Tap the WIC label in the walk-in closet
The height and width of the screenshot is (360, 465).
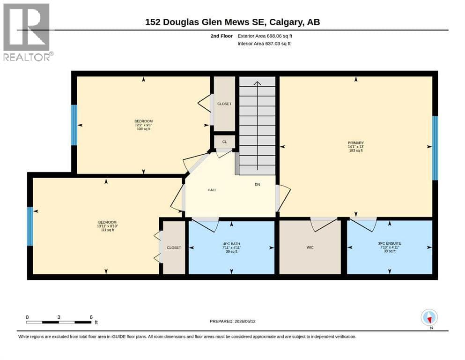310,247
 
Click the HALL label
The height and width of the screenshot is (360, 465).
212,190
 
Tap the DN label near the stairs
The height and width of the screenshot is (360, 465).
257,184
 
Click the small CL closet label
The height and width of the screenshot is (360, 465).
224,142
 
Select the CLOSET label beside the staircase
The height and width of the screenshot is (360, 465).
224,104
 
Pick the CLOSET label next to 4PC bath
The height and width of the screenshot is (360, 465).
174,247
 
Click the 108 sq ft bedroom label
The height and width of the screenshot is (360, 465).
144,125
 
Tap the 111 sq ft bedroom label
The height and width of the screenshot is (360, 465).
107,226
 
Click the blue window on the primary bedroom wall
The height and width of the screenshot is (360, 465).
435,148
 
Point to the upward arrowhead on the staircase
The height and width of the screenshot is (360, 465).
257,83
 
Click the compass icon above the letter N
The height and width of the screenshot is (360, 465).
429,317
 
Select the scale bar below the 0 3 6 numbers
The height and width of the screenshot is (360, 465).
59,322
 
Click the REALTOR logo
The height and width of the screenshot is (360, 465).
27,32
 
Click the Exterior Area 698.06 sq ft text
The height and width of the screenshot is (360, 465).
265,36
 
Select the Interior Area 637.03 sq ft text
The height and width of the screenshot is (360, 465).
264,44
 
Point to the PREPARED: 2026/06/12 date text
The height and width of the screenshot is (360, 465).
232,321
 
